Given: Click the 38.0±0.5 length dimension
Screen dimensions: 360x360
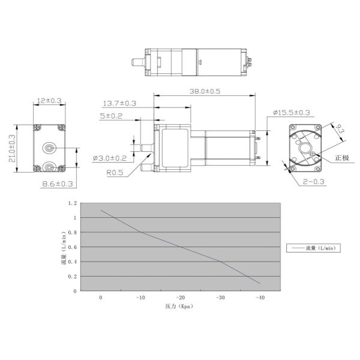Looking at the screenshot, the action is pos(205,91).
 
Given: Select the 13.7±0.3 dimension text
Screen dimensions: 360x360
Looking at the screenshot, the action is pos(119,103).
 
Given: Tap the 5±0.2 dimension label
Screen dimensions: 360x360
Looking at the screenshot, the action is pos(111,116).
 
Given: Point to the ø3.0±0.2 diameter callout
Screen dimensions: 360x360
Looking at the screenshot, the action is pos(110,158).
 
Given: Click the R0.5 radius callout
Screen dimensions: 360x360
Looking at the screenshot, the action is pos(115,173).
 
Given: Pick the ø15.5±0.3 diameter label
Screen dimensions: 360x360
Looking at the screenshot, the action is pos(292,113).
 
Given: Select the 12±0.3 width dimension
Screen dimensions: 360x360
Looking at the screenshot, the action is pos(49,101).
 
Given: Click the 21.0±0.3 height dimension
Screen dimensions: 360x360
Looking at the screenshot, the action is pos(12,148).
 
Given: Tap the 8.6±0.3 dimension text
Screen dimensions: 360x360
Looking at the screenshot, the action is pos(58,184).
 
